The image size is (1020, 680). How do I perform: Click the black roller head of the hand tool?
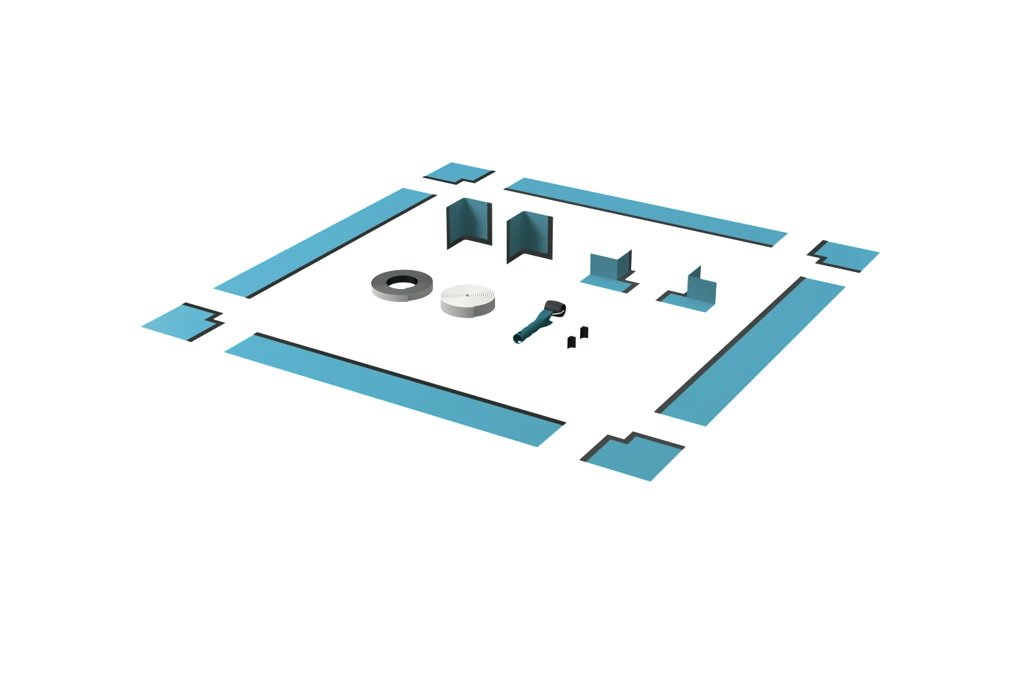coord(556,309)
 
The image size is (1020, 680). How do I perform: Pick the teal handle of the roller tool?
coord(530,329)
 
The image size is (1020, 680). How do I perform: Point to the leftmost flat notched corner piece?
coord(180,321)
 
